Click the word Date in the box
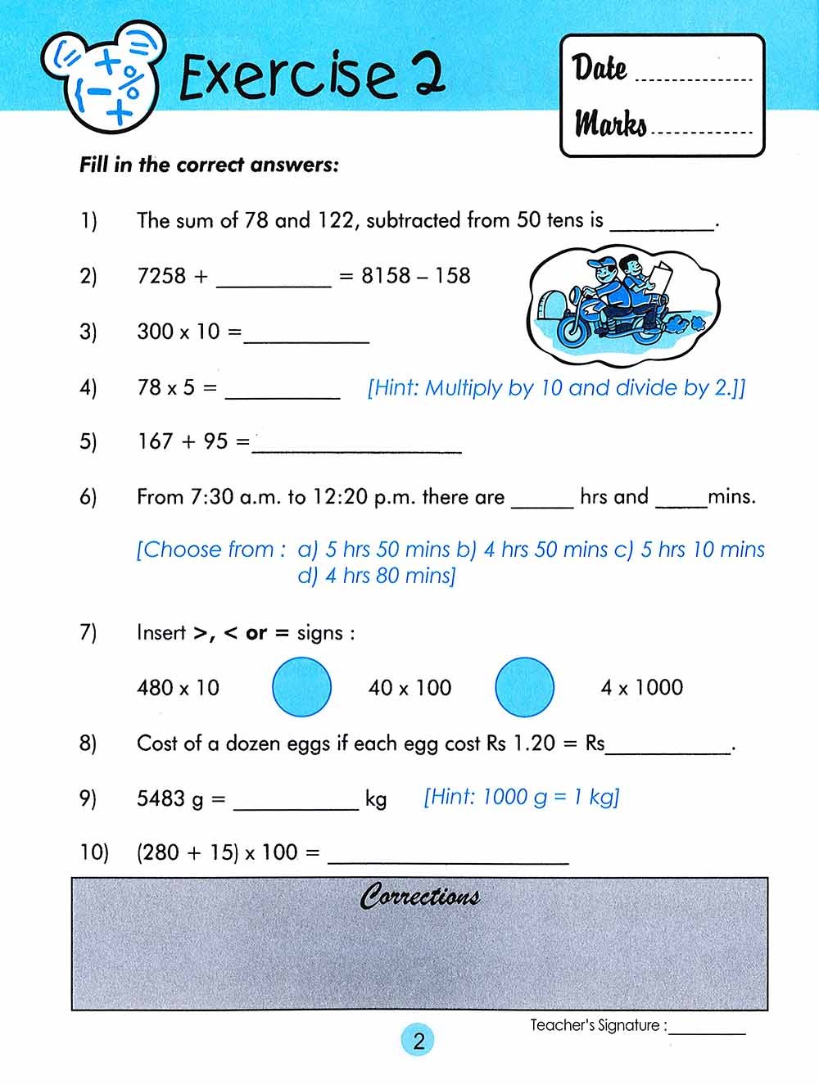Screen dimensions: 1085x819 pyautogui.click(x=600, y=68)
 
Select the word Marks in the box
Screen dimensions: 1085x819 pyautogui.click(x=610, y=124)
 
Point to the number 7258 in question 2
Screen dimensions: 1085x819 pyautogui.click(x=161, y=276)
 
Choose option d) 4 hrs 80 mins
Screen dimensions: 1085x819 pyautogui.click(x=377, y=576)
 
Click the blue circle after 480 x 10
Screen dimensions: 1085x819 pyautogui.click(x=301, y=687)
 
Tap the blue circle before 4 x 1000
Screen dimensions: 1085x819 pyautogui.click(x=525, y=687)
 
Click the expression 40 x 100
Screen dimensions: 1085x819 pyautogui.click(x=409, y=688)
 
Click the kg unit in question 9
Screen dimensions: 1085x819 pyautogui.click(x=376, y=798)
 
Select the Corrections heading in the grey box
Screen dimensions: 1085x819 pyautogui.click(x=419, y=897)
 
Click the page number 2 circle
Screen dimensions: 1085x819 pyautogui.click(x=419, y=1041)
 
